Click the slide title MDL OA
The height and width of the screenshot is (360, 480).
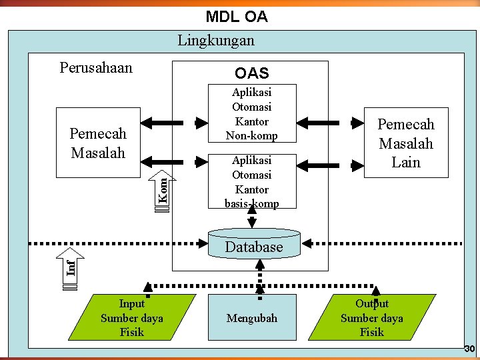(x=237, y=17)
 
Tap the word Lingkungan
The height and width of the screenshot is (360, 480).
(x=215, y=41)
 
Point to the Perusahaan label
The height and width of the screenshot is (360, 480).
(x=96, y=68)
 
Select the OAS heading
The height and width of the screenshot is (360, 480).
(x=251, y=73)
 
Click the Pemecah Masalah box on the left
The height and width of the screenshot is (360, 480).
(x=98, y=143)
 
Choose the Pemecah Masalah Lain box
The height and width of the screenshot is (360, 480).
(x=406, y=143)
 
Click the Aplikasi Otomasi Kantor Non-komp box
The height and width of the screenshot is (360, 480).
(x=252, y=114)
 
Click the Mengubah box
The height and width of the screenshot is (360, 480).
(x=252, y=318)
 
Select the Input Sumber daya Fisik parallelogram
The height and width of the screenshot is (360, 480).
(x=132, y=318)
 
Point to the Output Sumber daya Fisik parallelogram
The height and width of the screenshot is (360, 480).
(x=372, y=318)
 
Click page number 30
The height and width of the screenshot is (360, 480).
(x=469, y=349)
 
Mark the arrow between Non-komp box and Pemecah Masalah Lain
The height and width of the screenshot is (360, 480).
(x=329, y=123)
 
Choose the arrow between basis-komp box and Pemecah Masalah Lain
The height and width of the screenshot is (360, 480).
(x=329, y=162)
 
